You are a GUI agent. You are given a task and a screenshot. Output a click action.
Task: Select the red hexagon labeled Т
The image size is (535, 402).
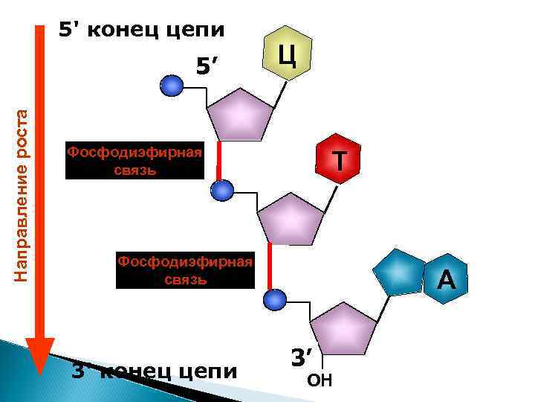point(339,161)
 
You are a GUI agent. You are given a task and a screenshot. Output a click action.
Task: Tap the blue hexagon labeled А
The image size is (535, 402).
point(446,279)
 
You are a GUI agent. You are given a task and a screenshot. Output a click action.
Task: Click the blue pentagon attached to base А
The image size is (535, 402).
point(399,272)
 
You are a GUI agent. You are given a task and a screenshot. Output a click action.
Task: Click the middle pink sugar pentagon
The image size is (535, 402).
point(291,218)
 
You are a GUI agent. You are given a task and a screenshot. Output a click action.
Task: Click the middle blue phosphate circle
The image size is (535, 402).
point(221,191)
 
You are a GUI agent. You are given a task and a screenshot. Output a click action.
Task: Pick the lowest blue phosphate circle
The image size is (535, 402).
point(275,300)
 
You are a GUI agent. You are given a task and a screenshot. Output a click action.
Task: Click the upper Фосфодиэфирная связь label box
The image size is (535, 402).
point(134,161)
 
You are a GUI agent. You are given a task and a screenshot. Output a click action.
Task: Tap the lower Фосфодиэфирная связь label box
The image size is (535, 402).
point(186,270)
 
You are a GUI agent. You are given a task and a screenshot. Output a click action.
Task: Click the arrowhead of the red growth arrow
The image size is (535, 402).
point(40,356)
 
